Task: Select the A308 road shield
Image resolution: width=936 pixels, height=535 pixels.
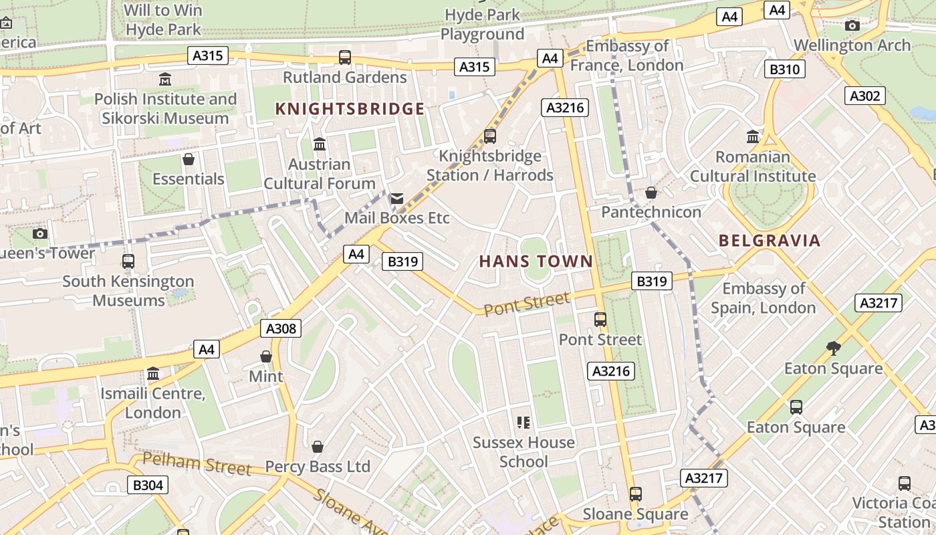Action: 281,328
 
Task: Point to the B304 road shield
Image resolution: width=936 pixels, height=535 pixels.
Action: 148,485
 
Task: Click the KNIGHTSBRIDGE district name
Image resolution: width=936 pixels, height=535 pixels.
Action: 350,109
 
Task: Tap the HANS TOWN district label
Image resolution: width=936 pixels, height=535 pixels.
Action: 536,261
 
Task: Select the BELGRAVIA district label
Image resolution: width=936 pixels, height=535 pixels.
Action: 770,241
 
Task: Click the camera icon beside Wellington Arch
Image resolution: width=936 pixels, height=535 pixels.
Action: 852,25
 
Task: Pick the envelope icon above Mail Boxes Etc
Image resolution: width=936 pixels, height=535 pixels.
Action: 397,198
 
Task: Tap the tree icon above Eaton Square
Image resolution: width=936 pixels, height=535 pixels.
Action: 833,348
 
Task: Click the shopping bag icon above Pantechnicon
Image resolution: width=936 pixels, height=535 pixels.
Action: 651,193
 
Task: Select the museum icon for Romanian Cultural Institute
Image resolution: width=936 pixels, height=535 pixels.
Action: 753,136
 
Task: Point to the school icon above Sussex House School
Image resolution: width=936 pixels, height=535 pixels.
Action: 523,422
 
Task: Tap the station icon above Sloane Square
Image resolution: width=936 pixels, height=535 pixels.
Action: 635,494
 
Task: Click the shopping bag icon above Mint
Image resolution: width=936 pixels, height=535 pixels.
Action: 266,356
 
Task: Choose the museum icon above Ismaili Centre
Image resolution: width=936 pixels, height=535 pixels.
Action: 153,373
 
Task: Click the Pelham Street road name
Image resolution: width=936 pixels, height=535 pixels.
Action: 197,463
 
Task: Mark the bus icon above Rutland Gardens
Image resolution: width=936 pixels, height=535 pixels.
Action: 345,58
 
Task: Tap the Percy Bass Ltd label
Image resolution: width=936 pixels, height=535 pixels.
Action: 318,467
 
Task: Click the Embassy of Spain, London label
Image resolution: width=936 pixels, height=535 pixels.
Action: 764,298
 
